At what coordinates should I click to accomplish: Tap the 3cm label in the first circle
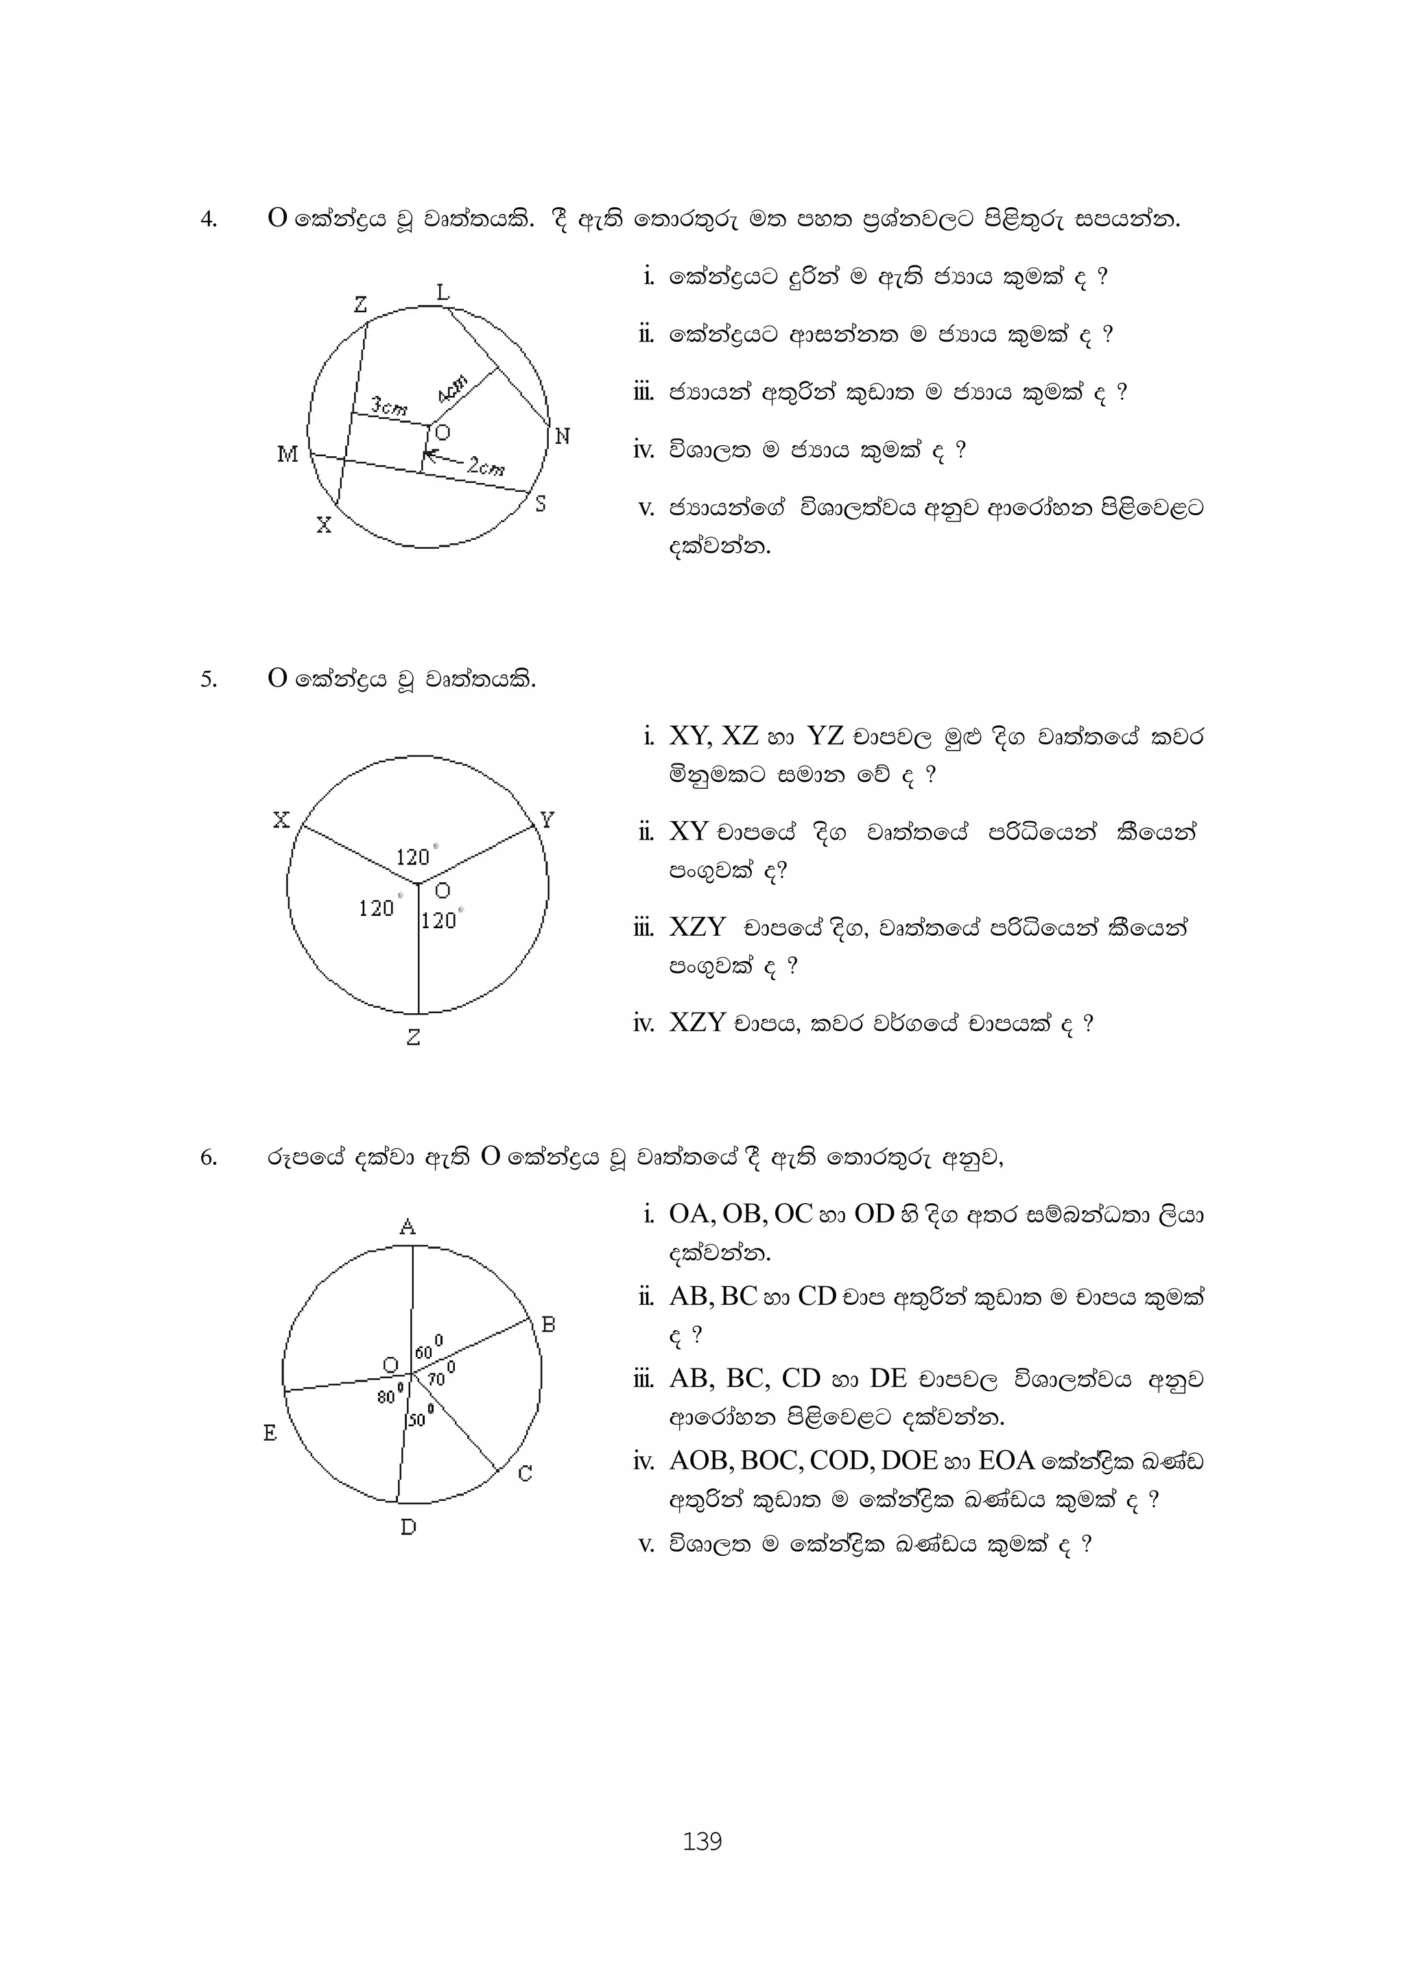[x=389, y=405]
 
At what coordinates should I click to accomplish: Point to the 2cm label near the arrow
[x=486, y=468]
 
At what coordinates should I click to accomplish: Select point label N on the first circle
[x=562, y=436]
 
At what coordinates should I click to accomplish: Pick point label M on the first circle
[x=287, y=453]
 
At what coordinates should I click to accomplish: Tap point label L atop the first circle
[x=442, y=293]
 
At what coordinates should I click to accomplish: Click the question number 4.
[x=208, y=220]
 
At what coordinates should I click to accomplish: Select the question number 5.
[x=208, y=680]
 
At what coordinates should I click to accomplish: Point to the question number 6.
[x=208, y=1158]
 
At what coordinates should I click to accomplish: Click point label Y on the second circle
[x=547, y=819]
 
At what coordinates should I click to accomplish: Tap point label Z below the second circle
[x=414, y=1037]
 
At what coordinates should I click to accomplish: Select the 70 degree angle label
[x=440, y=1377]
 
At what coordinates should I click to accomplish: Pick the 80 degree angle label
[x=389, y=1394]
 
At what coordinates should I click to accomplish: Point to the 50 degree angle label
[x=419, y=1417]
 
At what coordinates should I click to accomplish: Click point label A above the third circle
[x=408, y=1226]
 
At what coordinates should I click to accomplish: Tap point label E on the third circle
[x=270, y=1434]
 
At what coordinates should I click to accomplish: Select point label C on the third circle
[x=525, y=1473]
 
